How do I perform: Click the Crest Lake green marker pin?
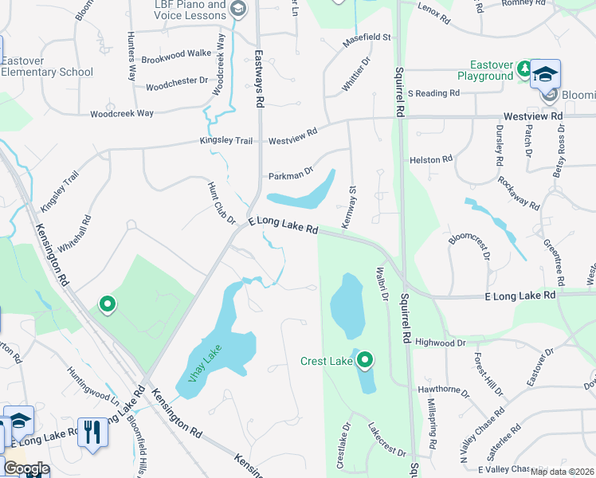click(x=365, y=360)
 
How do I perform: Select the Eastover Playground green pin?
click(x=523, y=69)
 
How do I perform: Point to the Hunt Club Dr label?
click(x=222, y=203)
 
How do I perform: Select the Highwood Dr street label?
click(x=440, y=343)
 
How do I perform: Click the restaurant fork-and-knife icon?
click(x=93, y=433)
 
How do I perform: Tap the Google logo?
click(x=26, y=468)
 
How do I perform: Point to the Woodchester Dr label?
click(x=177, y=81)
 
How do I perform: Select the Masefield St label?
click(x=367, y=37)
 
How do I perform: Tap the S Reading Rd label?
click(x=434, y=93)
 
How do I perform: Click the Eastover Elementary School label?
click(x=47, y=66)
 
